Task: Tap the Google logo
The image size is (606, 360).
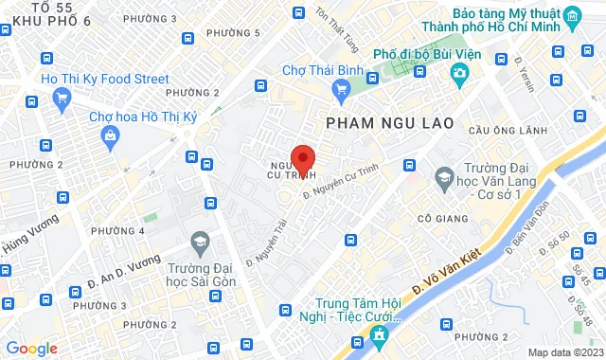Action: pyautogui.click(x=31, y=348)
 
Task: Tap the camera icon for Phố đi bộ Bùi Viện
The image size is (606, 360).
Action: pyautogui.click(x=459, y=72)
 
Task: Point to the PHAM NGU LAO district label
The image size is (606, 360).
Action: pyautogui.click(x=390, y=123)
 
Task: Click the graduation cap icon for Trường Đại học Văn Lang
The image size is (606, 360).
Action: pyautogui.click(x=444, y=177)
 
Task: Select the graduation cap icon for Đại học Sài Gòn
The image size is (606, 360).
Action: pyautogui.click(x=200, y=243)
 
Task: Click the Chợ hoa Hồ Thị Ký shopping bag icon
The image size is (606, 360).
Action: pyautogui.click(x=112, y=136)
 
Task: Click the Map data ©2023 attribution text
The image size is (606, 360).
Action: pyautogui.click(x=565, y=352)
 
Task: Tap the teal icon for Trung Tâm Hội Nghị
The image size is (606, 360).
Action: pyautogui.click(x=380, y=334)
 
